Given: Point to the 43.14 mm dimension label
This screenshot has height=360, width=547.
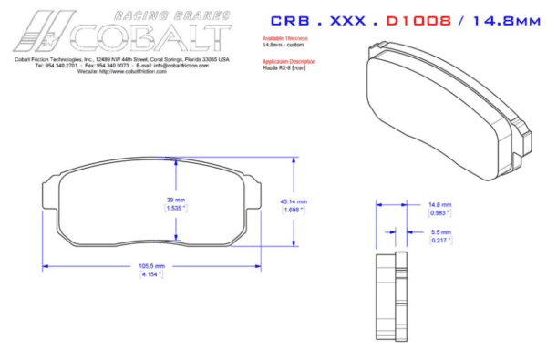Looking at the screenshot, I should tap(294, 201).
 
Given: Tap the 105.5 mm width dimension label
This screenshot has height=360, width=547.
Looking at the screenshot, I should tap(150, 266).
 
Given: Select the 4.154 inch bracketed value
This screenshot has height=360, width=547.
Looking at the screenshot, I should tap(150, 273).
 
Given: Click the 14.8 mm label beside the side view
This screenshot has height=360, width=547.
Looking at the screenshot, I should tap(440, 205).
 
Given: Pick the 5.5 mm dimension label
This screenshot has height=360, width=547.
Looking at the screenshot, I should tap(440, 232).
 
